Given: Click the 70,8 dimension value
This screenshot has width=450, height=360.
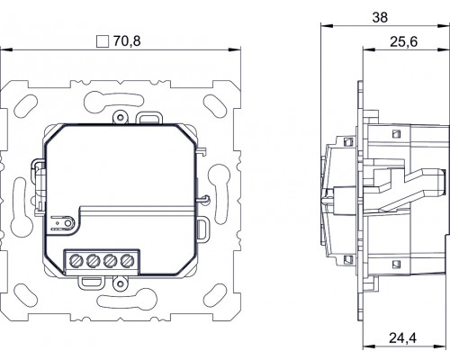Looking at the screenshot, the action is [x=127, y=41].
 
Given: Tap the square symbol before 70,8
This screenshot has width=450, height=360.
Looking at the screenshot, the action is [x=103, y=41].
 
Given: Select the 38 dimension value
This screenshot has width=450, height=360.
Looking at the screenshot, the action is [x=380, y=17].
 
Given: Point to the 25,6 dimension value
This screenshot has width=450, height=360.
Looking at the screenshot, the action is [x=403, y=41].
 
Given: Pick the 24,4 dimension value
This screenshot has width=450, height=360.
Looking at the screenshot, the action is [x=403, y=338].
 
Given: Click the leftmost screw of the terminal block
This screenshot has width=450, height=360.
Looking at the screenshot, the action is [x=76, y=261].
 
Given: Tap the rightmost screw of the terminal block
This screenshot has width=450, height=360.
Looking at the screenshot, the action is [x=127, y=261].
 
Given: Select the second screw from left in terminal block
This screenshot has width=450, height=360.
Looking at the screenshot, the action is [x=93, y=261].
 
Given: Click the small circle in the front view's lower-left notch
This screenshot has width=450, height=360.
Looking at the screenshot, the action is [x=68, y=223].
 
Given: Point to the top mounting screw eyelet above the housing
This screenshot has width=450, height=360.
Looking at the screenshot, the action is [x=121, y=117].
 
